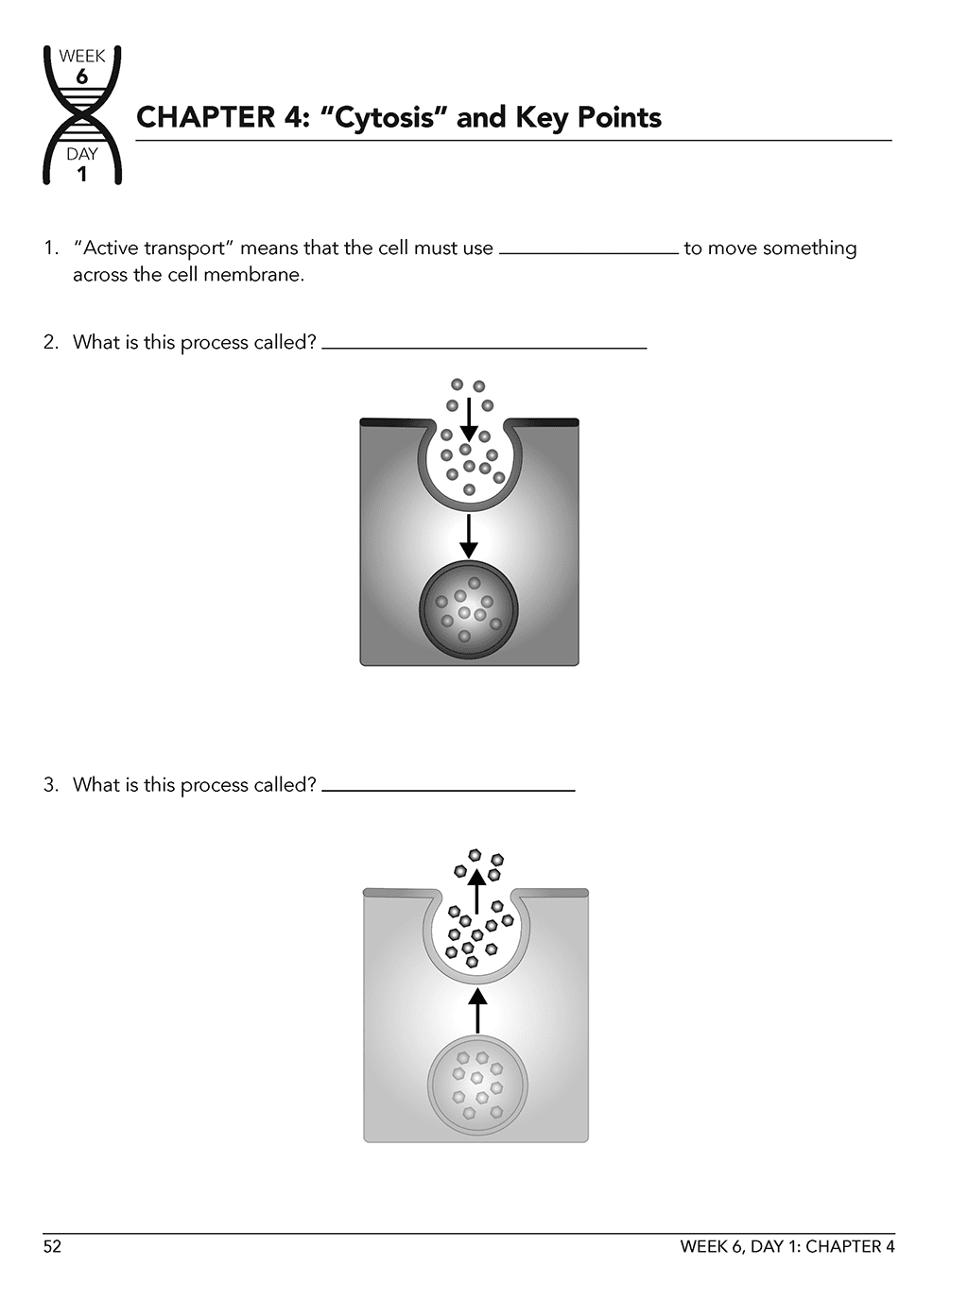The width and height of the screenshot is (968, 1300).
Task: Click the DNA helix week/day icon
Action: pos(82,114)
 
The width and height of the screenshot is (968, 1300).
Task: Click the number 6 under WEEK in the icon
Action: pos(82,77)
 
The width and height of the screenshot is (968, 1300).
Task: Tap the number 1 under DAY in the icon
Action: pos(82,174)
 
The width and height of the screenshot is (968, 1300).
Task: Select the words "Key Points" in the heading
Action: pos(588,117)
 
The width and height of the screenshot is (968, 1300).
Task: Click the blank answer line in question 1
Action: pos(588,250)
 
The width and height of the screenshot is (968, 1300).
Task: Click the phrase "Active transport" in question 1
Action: pos(154,248)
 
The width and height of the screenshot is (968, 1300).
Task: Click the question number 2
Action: pos(50,342)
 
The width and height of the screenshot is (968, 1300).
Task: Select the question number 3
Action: pos(50,785)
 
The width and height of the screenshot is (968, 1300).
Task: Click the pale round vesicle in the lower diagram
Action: pos(476,1086)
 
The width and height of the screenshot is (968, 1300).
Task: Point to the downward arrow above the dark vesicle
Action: pos(468,537)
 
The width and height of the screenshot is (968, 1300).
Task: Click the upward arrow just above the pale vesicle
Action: pos(477,1010)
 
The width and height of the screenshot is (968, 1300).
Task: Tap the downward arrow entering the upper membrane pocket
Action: pos(468,419)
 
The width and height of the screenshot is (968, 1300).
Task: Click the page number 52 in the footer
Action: pos(52,1247)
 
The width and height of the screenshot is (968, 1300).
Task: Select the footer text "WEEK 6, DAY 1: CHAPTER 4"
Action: pos(786,1247)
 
